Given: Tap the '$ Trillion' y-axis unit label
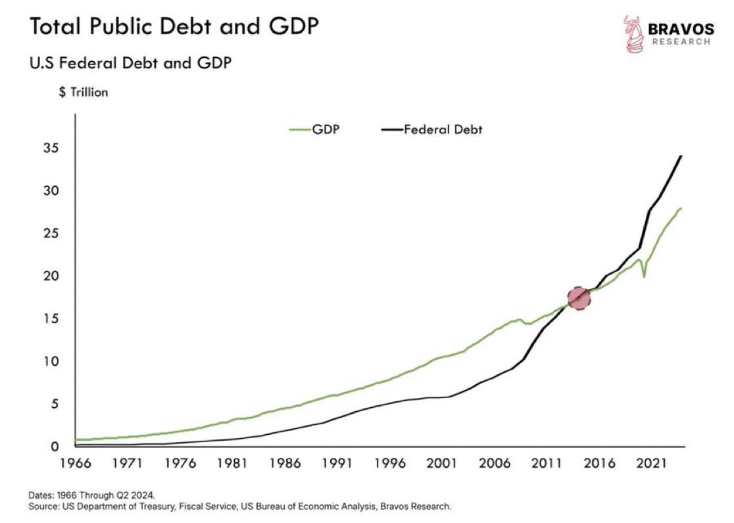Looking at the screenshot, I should point(84,93).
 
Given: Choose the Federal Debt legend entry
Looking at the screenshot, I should point(432,130).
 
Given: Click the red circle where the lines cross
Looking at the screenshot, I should point(579,298).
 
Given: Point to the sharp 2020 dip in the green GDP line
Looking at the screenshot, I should point(644,276).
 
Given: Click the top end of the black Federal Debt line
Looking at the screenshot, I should point(680,156).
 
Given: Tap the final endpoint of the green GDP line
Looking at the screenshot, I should point(681,208).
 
